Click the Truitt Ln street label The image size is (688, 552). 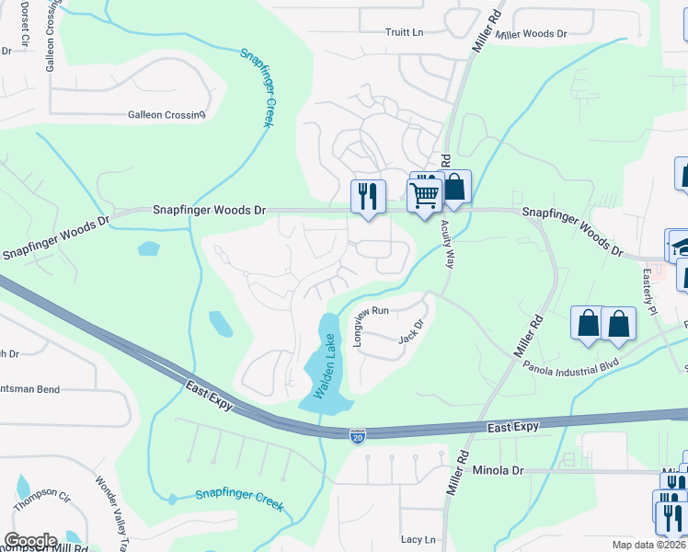(x=404, y=32)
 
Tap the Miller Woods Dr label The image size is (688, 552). (x=531, y=34)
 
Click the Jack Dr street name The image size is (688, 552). (x=410, y=331)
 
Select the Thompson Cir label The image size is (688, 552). (x=41, y=501)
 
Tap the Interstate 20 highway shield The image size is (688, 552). (x=358, y=435)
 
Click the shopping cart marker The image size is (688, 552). (x=424, y=195)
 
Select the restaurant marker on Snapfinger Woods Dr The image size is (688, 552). (x=366, y=196)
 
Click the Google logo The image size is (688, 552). (x=30, y=541)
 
